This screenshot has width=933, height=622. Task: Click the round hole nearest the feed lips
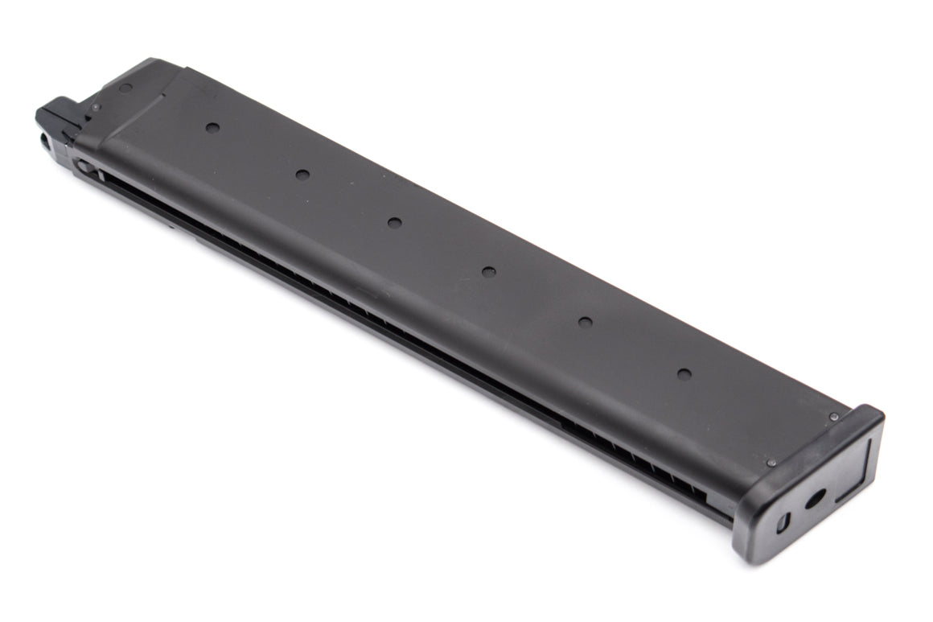tap(212, 127)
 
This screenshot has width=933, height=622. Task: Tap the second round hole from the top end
tap(302, 174)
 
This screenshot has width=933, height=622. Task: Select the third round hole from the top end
tap(394, 222)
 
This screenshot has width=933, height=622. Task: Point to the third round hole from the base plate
tap(488, 271)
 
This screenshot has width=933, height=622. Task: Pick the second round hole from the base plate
tap(585, 322)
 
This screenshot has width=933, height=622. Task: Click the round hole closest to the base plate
tap(684, 374)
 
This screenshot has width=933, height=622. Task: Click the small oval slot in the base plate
tap(783, 522)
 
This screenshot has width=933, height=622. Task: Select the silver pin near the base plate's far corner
tap(834, 417)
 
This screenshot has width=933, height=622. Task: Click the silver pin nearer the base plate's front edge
tap(772, 463)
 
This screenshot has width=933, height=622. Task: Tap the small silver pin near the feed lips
tap(95, 106)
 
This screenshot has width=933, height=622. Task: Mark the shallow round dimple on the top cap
tap(125, 87)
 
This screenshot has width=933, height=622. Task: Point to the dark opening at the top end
tap(45, 142)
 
